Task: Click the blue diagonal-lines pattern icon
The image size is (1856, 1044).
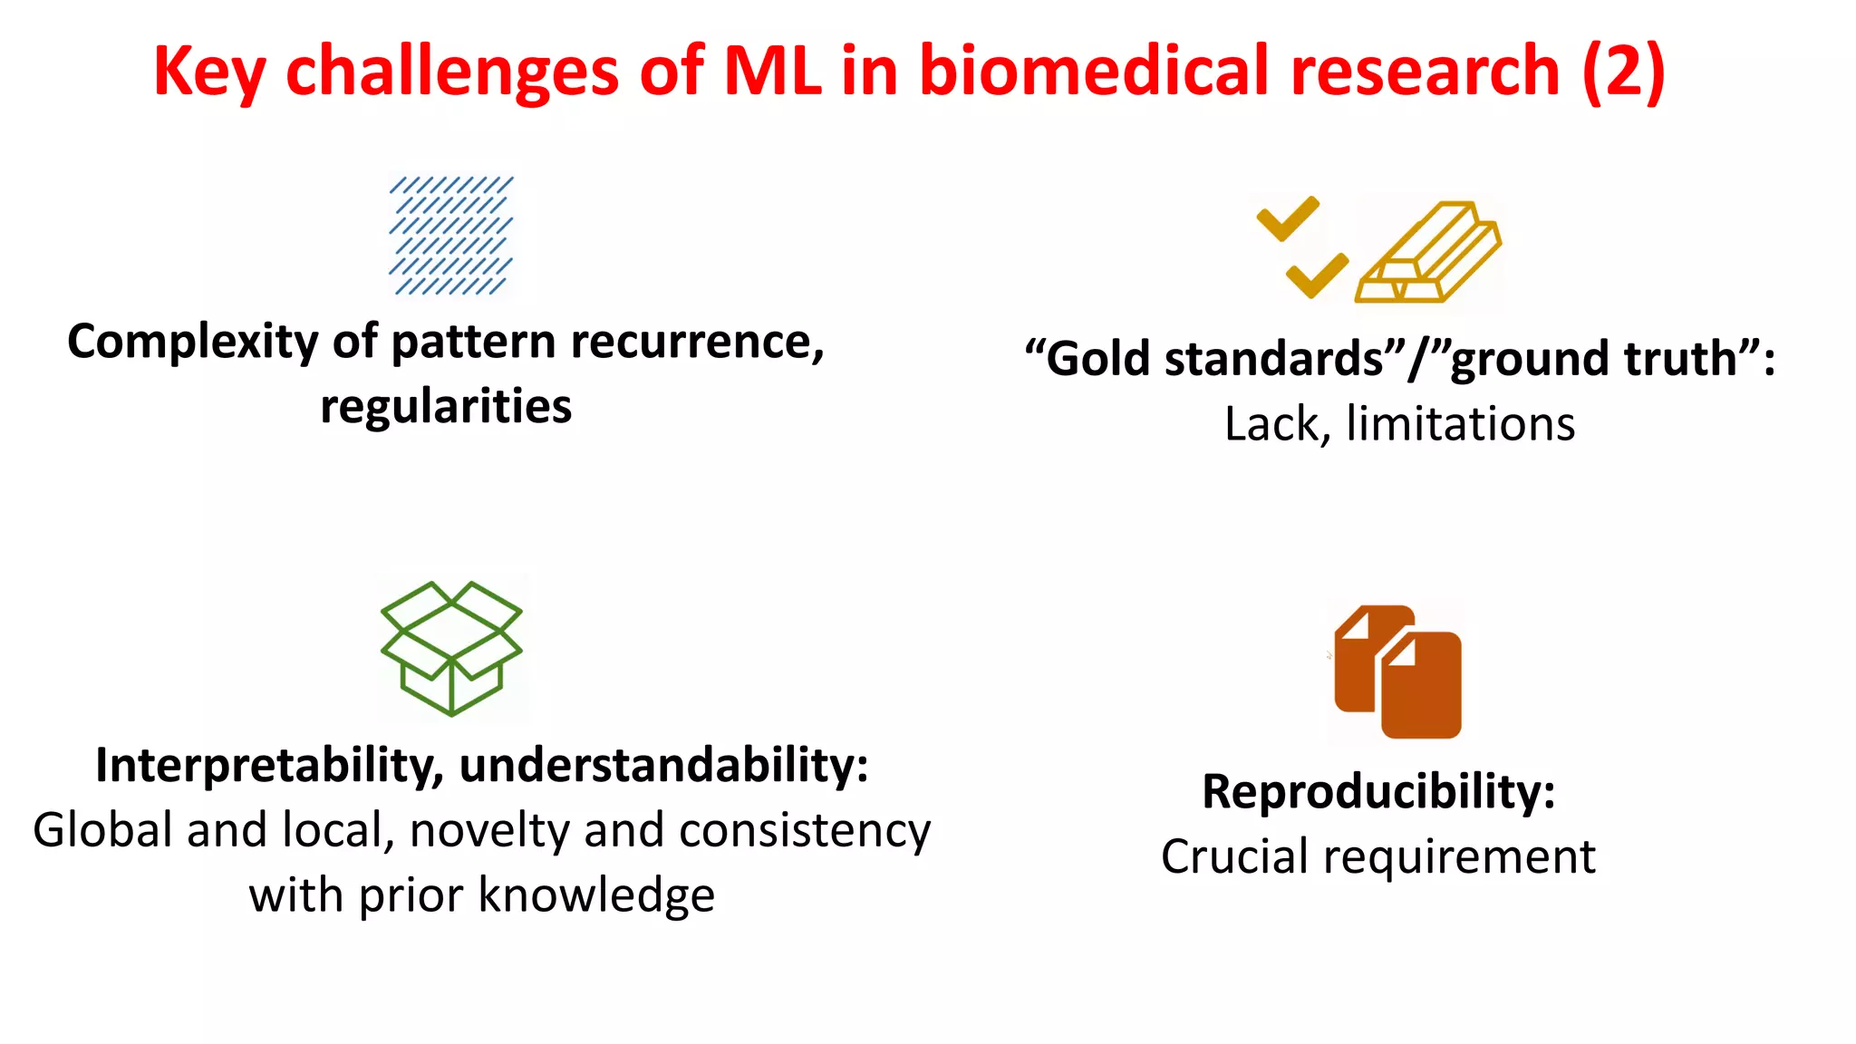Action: click(x=450, y=236)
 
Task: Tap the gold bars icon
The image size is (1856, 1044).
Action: click(x=1428, y=253)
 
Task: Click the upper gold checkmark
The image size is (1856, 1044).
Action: click(x=1287, y=218)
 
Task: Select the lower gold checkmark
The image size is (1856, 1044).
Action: click(x=1317, y=275)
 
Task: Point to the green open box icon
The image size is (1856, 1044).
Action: click(x=451, y=647)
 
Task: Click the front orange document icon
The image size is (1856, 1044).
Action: click(x=1420, y=685)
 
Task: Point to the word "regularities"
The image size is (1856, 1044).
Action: click(x=446, y=406)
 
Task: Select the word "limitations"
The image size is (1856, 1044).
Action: click(x=1460, y=424)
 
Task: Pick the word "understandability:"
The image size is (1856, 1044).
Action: click(x=663, y=766)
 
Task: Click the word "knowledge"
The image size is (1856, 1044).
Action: click(x=595, y=896)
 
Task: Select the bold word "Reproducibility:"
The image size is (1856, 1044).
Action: click(x=1378, y=792)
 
